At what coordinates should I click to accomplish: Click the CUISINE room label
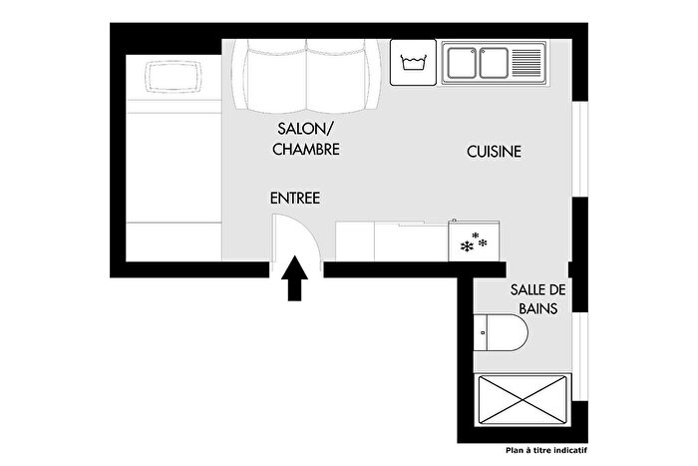[494, 152]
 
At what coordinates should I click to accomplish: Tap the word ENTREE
[294, 199]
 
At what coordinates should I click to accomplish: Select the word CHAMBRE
[306, 150]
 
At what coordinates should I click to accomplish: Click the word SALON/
[301, 131]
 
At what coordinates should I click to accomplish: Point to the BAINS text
[536, 309]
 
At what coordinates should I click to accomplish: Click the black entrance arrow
[296, 280]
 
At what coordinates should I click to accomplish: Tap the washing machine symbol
[413, 63]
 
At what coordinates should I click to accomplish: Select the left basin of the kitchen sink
[461, 63]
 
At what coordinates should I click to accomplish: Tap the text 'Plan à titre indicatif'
[550, 451]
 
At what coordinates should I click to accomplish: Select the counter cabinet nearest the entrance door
[355, 241]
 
